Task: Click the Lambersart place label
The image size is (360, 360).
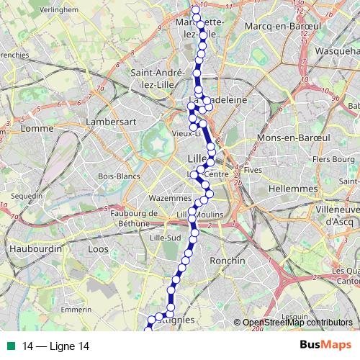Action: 106,122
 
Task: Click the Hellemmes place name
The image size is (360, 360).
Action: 292,188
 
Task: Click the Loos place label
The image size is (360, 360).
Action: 97,248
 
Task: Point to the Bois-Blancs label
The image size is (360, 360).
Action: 118,176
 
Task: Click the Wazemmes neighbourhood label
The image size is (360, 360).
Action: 167,198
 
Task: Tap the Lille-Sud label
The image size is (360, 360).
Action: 165,237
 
